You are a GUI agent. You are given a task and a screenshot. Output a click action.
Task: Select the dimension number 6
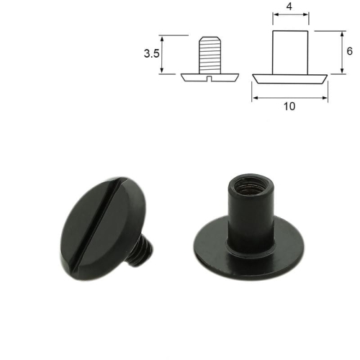pyautogui.click(x=348, y=52)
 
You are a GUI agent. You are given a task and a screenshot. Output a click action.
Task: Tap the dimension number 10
pyautogui.click(x=289, y=106)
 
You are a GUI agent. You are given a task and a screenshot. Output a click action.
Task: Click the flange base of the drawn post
pyautogui.click(x=290, y=76)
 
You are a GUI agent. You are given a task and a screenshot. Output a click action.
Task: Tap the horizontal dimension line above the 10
pyautogui.click(x=289, y=97)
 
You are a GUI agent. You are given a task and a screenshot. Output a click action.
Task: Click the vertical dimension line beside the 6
pyautogui.click(x=338, y=52)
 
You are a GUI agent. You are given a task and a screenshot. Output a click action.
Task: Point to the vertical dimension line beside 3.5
pyautogui.click(x=164, y=54)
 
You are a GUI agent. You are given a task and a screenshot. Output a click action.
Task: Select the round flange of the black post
pyautogui.click(x=209, y=248)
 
